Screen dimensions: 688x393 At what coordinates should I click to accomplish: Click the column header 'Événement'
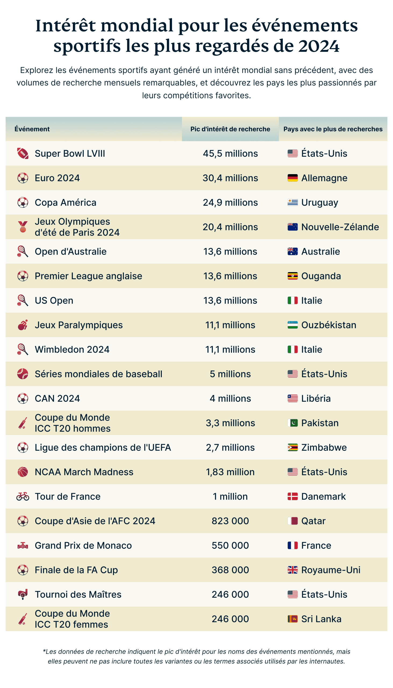(x=32, y=129)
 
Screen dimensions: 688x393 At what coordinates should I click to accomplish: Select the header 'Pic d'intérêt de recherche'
(x=230, y=129)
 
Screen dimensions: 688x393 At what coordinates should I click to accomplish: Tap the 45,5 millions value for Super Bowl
(x=230, y=153)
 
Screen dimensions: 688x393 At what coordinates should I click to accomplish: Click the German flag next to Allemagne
(x=292, y=178)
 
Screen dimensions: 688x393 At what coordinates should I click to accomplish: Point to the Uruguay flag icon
(x=292, y=202)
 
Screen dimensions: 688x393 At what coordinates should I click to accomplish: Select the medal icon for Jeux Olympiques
(x=23, y=227)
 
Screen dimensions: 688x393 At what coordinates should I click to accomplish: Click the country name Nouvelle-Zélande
(x=340, y=227)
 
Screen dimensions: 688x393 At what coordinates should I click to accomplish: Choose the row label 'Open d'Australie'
(x=70, y=252)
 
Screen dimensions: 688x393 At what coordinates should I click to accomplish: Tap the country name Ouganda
(x=321, y=276)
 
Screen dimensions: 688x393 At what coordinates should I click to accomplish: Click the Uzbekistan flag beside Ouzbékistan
(x=292, y=325)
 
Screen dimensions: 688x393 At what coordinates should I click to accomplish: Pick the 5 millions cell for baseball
(x=230, y=374)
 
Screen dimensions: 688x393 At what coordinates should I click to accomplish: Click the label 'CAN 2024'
(x=57, y=399)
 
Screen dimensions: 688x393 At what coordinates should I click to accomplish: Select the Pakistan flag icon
(x=292, y=423)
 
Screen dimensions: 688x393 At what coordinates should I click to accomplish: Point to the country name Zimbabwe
(x=324, y=447)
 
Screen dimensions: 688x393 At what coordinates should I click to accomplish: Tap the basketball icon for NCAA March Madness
(x=23, y=472)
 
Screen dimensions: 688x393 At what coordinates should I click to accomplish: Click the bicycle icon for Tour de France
(x=23, y=496)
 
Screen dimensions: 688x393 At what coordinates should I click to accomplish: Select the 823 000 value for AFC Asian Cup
(x=230, y=521)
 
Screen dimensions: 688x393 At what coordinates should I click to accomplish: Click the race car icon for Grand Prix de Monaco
(x=23, y=546)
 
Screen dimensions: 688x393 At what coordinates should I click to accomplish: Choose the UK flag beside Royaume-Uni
(x=292, y=570)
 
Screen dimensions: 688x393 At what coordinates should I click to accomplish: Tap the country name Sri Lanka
(x=321, y=619)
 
